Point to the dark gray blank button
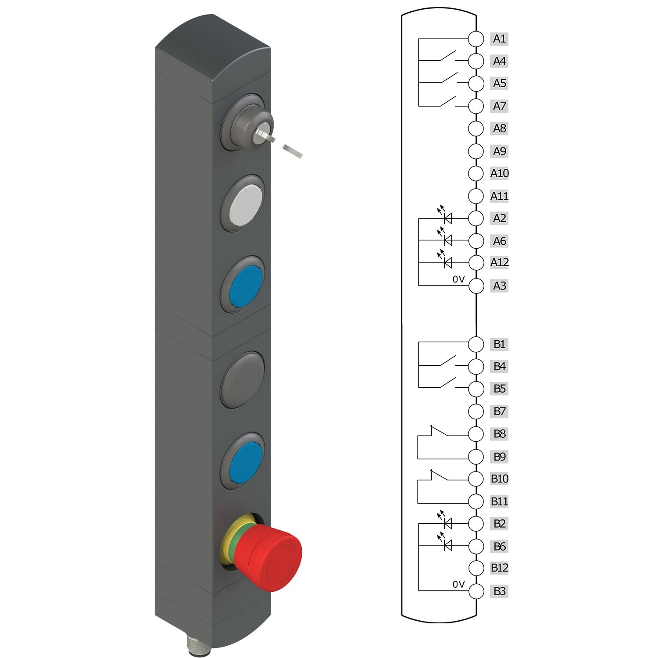243,379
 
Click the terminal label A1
499,39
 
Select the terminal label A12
499,262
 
